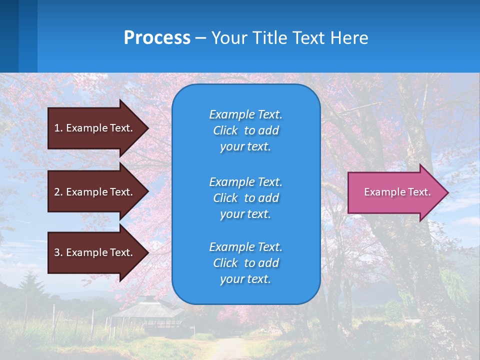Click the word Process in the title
click(157, 38)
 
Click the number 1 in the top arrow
click(57, 128)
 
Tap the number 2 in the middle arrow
click(57, 192)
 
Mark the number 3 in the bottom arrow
click(57, 252)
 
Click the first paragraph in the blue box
click(245, 130)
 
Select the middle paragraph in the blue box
click(245, 198)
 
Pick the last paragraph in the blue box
click(245, 263)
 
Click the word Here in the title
click(349, 38)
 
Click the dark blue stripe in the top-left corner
click(9, 35)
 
